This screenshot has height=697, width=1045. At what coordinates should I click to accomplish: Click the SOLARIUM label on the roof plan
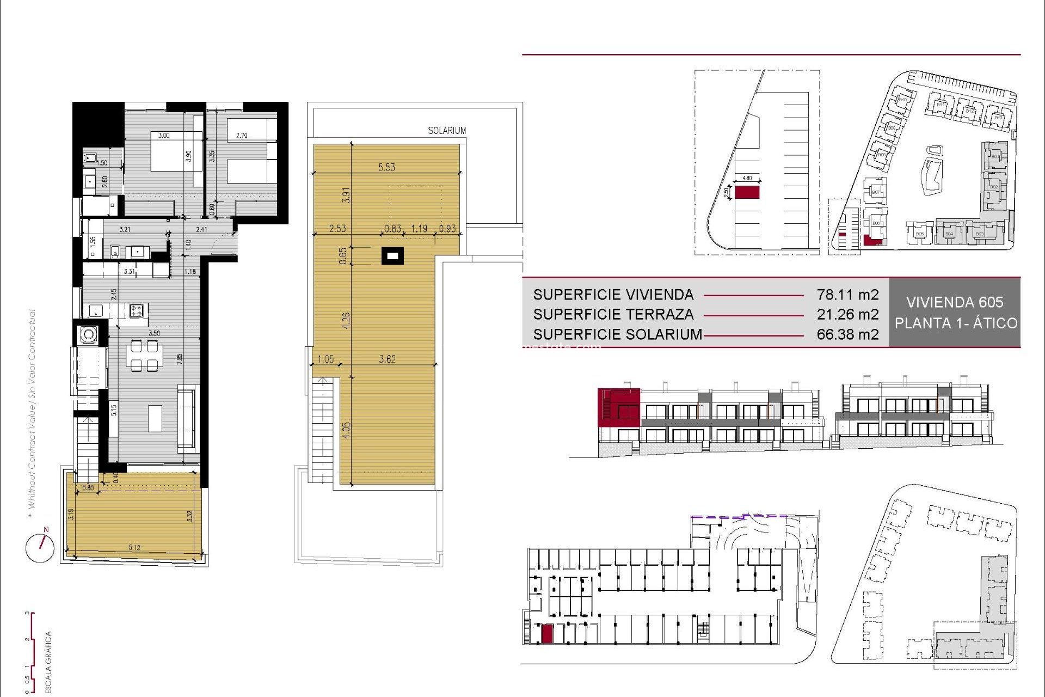(446, 131)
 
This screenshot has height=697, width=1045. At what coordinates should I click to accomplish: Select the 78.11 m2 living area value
(847, 295)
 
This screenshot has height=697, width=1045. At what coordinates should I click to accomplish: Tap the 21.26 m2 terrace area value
(847, 314)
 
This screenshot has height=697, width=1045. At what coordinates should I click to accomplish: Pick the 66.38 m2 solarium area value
(847, 334)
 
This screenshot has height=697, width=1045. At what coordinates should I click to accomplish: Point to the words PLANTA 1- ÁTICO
(955, 323)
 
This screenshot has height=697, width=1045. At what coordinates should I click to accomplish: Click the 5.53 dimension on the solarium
(386, 167)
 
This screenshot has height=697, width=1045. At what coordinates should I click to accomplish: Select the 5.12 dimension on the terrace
(134, 547)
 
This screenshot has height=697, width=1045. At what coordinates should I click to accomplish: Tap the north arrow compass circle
(40, 548)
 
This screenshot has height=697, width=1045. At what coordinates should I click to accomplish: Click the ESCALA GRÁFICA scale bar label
(48, 662)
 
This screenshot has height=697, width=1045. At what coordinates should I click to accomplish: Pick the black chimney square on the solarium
(392, 255)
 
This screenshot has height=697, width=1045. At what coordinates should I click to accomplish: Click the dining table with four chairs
(144, 355)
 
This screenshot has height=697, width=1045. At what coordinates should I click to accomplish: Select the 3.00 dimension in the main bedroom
(164, 136)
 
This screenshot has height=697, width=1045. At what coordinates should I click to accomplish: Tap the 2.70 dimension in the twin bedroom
(242, 136)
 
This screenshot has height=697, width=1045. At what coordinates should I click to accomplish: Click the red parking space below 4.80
(747, 192)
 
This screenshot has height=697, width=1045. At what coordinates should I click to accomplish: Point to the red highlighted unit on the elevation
(618, 407)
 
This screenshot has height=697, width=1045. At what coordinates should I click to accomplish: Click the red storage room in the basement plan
(546, 634)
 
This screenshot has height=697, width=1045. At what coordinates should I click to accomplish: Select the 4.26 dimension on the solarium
(346, 320)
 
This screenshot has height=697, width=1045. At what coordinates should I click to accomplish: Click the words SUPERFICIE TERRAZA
(613, 314)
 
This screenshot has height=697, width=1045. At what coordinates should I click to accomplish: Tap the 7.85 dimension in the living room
(179, 359)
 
